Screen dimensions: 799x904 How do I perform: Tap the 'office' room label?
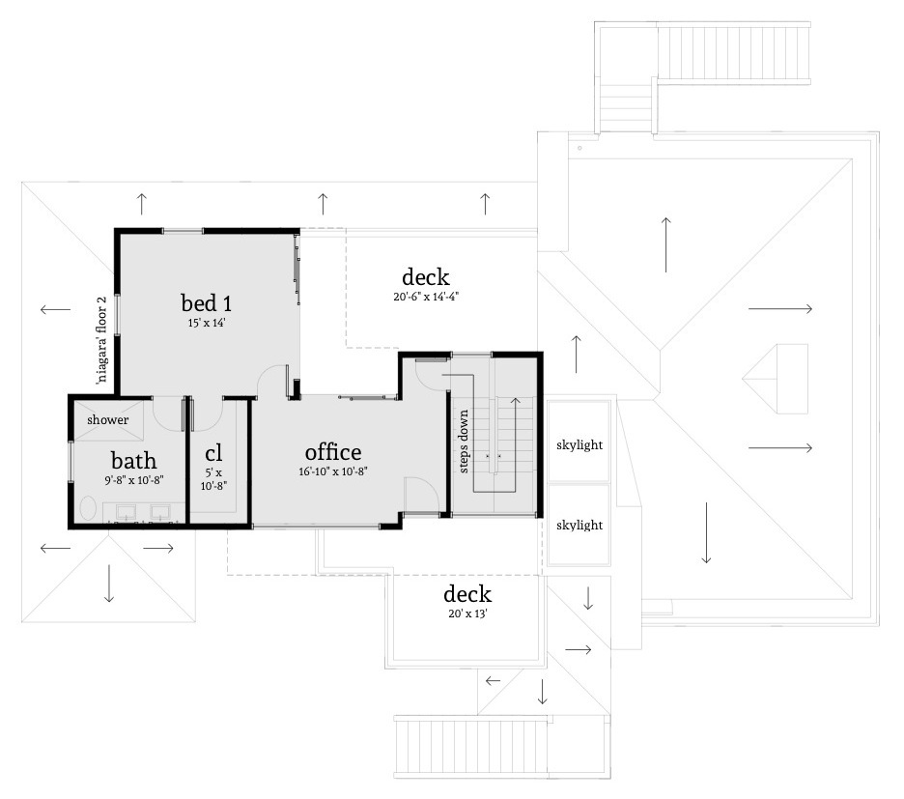[x=333, y=451]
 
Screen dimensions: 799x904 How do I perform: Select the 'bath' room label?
[x=133, y=460]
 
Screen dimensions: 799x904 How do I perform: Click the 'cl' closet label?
[x=214, y=453]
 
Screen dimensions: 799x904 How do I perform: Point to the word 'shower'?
[x=108, y=420]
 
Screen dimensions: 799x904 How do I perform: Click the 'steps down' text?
[x=465, y=442]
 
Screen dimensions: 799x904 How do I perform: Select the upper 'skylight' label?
[x=579, y=445]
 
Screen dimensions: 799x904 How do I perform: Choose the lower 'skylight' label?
[x=579, y=526]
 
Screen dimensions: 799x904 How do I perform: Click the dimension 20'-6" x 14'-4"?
[x=426, y=298]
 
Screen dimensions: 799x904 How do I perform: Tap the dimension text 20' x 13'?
[x=466, y=614]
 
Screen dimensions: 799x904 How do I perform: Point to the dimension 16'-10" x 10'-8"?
[x=333, y=472]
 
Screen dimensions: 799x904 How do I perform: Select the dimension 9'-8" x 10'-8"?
[x=133, y=480]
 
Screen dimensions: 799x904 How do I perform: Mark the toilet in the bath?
[x=87, y=509]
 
